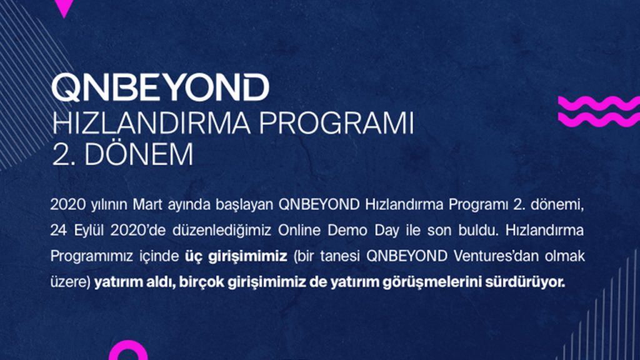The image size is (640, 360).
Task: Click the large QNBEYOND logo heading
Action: [x=161, y=87]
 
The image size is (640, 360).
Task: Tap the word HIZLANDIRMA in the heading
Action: [x=152, y=123]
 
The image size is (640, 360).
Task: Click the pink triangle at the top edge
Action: [x=64, y=7]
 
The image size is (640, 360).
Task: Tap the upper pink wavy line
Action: [x=599, y=103]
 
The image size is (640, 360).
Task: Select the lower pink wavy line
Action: [x=599, y=119]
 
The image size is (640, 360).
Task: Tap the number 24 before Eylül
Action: [x=59, y=231]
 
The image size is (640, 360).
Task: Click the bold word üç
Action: [x=193, y=256]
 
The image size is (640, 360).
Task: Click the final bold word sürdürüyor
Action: [x=525, y=282]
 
